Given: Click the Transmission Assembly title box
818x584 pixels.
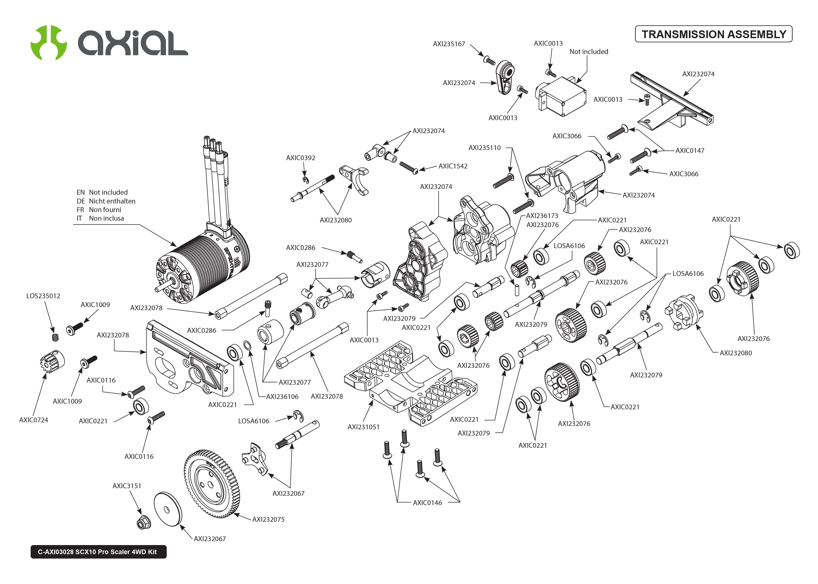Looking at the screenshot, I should (713, 34).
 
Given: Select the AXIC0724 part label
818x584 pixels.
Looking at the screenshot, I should (33, 420).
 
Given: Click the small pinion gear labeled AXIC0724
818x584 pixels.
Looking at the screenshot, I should (51, 361).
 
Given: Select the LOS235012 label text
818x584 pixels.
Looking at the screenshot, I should (43, 296).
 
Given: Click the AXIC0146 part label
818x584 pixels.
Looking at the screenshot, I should (427, 503).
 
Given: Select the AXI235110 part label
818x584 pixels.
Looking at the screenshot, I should (485, 148).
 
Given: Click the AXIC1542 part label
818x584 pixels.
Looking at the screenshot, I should (453, 166).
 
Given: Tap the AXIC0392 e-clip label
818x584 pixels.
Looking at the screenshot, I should (300, 158).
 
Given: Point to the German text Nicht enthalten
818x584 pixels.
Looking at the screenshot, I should (112, 201).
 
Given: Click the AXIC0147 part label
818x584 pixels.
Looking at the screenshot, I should (689, 151).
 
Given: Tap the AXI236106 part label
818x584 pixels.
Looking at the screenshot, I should (282, 397).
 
